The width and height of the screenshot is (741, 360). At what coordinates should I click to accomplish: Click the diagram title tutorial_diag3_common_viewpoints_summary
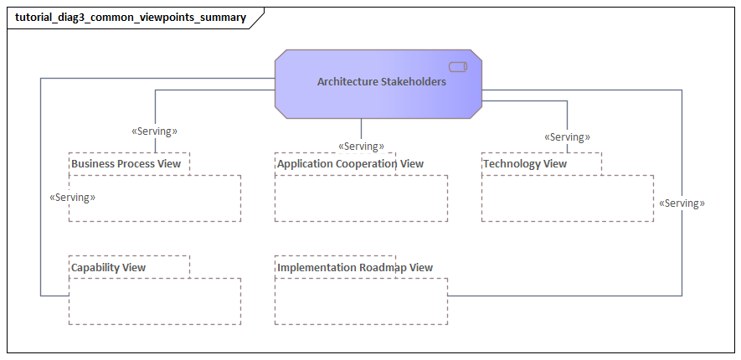point(130,18)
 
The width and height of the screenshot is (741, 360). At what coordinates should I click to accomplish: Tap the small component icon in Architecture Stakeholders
point(457,67)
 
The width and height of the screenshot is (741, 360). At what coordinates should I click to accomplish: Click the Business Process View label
point(126,164)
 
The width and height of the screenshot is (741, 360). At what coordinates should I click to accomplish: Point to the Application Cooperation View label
point(350,164)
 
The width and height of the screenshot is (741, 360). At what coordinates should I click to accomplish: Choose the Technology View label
point(525,164)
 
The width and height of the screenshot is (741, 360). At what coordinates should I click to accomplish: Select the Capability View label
point(108,268)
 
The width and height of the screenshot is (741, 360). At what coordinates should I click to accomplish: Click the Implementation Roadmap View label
point(355,268)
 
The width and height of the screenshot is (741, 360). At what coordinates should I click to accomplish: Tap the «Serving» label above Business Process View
point(155,131)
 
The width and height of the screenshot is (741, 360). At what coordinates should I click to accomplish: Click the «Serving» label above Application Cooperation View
point(361,147)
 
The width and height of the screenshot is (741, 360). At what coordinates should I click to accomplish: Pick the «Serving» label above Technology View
point(567,137)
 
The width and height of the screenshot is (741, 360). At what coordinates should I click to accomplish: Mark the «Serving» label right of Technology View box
point(682,203)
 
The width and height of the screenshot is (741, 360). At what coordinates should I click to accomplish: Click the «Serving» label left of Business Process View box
point(73,198)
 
